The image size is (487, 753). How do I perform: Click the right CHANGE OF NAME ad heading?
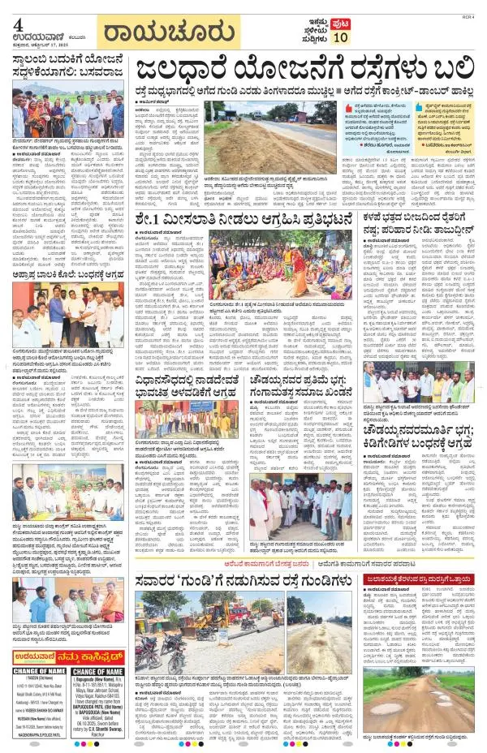click(100, 672)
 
